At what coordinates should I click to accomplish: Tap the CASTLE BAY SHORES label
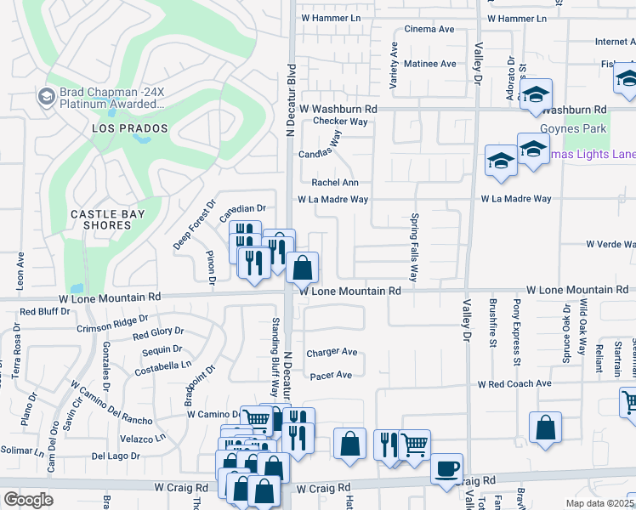coord(107,219)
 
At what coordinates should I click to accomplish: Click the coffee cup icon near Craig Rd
coord(446,468)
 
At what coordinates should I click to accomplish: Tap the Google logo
coord(28,499)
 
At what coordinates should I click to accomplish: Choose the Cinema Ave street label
coord(429,29)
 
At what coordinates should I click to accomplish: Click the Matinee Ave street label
coord(429,64)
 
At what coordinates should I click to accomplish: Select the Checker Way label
coord(340,122)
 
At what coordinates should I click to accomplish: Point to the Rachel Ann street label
coord(335,183)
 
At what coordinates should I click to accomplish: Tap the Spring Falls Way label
coord(415,247)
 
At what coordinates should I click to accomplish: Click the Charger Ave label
coord(332,352)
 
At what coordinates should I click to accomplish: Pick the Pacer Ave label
coord(331,375)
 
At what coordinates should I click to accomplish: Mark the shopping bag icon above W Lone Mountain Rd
coord(302,268)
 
